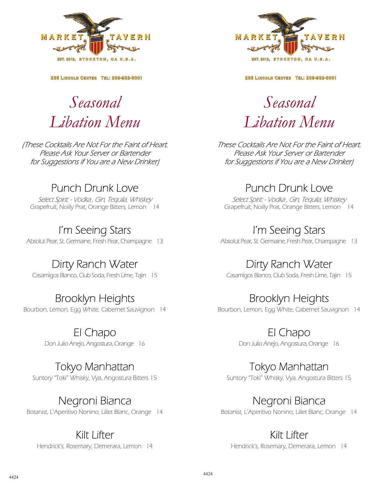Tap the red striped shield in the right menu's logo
pos(291,46)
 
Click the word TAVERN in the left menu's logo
pos(130,37)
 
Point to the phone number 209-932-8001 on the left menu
pos(127,78)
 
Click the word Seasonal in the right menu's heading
pos(289,102)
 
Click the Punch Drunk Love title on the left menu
pos(95,188)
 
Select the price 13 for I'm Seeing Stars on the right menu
pos(354,241)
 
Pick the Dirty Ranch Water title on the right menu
pos(289,264)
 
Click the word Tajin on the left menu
pos(140,275)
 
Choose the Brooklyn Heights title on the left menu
pos(95,298)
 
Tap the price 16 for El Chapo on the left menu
pos(142,344)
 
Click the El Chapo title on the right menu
pos(289,333)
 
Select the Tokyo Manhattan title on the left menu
pos(95,367)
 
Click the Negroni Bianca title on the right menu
pos(289,401)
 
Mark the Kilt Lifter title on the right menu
pos(289,435)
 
